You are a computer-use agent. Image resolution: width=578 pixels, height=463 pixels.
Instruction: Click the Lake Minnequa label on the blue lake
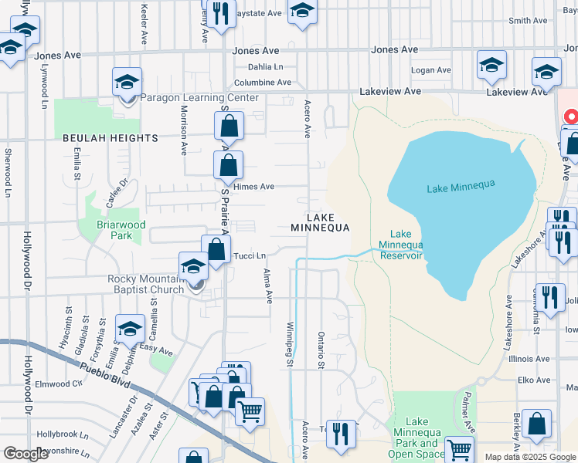[460, 186]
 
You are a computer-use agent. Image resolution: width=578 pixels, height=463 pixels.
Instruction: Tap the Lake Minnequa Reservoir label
[400, 245]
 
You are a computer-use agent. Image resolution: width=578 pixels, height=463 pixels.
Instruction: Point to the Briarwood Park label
[127, 230]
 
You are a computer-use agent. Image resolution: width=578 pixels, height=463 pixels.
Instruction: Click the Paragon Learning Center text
[199, 98]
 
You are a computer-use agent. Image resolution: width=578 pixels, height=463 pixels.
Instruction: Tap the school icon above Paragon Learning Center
[127, 83]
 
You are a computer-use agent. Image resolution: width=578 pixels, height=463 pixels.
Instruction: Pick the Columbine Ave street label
[262, 83]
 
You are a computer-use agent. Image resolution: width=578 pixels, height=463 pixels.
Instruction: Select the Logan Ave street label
[430, 70]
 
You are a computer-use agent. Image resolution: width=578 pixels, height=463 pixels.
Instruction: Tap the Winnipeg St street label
[291, 343]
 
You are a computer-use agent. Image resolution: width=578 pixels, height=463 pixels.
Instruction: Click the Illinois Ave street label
[533, 359]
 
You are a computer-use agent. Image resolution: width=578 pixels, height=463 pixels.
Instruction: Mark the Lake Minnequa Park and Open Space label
[417, 438]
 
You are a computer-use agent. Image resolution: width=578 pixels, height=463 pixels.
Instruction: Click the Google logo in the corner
[25, 454]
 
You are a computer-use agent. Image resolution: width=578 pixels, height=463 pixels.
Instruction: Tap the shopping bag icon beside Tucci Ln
[216, 249]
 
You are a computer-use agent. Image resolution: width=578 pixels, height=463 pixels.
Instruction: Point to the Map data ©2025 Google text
[530, 457]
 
